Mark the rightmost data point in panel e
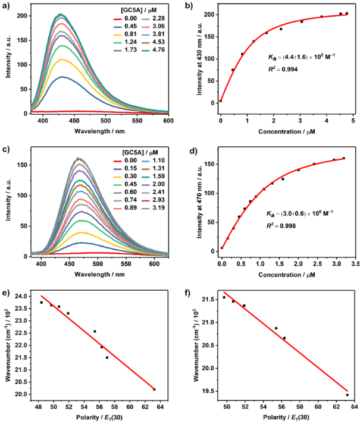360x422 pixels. click(x=154, y=389)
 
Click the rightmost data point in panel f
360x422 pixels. click(x=347, y=395)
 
